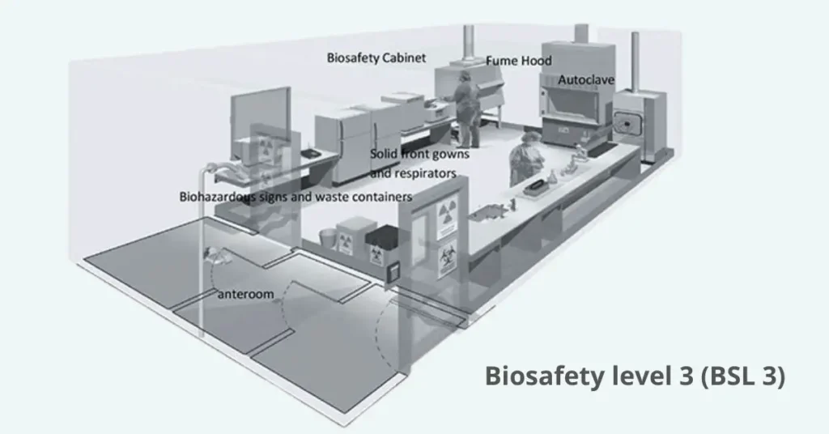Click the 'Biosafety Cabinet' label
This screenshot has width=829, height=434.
click(x=376, y=57)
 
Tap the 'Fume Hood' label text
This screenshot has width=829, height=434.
click(x=519, y=61)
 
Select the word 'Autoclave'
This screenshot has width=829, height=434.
click(x=586, y=80)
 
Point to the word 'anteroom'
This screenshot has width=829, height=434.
click(x=246, y=294)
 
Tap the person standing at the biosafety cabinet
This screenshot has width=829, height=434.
click(x=466, y=109)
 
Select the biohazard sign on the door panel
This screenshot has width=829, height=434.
click(x=447, y=259)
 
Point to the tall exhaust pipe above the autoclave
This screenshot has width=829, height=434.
click(x=635, y=61)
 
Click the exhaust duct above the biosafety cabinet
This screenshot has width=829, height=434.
click(x=469, y=45)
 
